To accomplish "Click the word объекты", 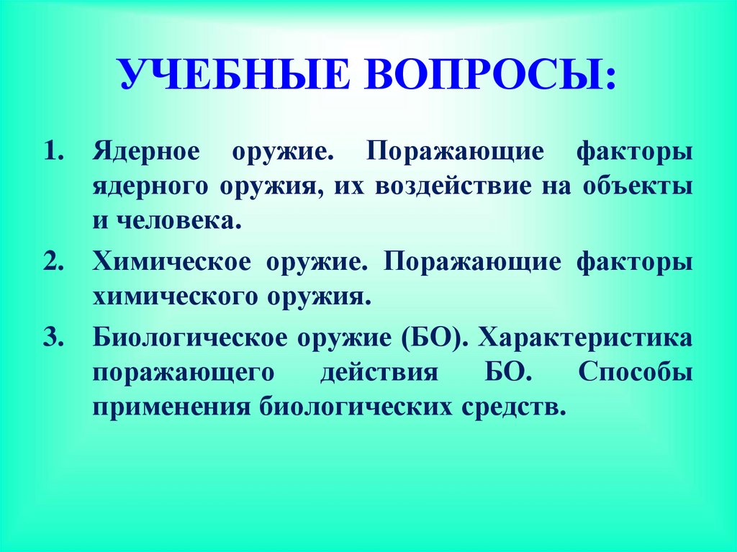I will click(646, 187).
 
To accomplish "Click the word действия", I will click(379, 374).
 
